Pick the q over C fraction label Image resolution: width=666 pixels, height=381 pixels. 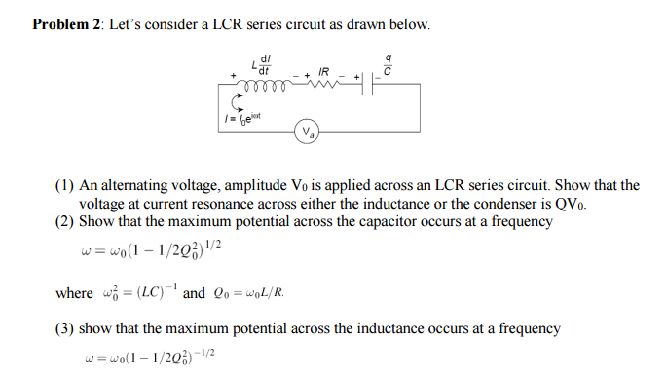click(388, 65)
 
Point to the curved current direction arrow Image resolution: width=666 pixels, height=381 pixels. click(233, 99)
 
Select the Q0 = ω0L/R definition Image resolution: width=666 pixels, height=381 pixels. click(252, 293)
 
